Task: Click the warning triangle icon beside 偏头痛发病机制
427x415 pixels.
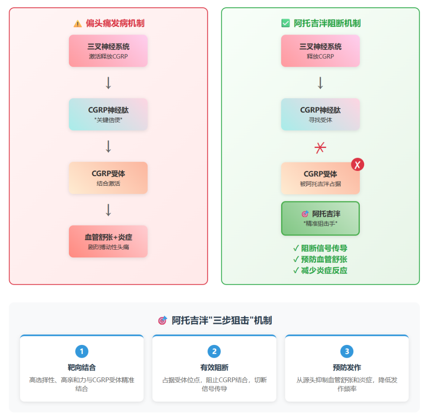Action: (x=78, y=23)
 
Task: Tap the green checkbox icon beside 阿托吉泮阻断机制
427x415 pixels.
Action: (x=285, y=23)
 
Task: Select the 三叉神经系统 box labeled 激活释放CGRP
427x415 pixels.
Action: (x=108, y=51)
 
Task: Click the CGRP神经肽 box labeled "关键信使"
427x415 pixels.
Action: (x=108, y=114)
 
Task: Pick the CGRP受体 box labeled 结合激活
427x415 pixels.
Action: (x=108, y=178)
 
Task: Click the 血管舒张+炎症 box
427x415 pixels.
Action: (x=108, y=241)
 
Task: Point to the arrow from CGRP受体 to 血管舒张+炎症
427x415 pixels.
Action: (x=108, y=210)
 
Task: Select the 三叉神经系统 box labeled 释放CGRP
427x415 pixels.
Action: (x=320, y=51)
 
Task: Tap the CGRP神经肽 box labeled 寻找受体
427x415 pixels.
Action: (x=320, y=114)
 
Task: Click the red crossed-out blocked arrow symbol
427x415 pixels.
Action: (x=320, y=148)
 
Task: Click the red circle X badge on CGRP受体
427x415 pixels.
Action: (x=357, y=164)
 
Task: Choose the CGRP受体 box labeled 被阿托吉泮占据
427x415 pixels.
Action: (x=320, y=178)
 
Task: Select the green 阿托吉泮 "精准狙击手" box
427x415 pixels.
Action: (x=320, y=218)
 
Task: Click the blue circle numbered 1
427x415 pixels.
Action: (x=81, y=351)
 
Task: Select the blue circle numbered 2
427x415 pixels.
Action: (x=214, y=351)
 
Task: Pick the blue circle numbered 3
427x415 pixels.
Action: (x=346, y=351)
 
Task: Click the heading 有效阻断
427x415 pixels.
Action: (x=214, y=367)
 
